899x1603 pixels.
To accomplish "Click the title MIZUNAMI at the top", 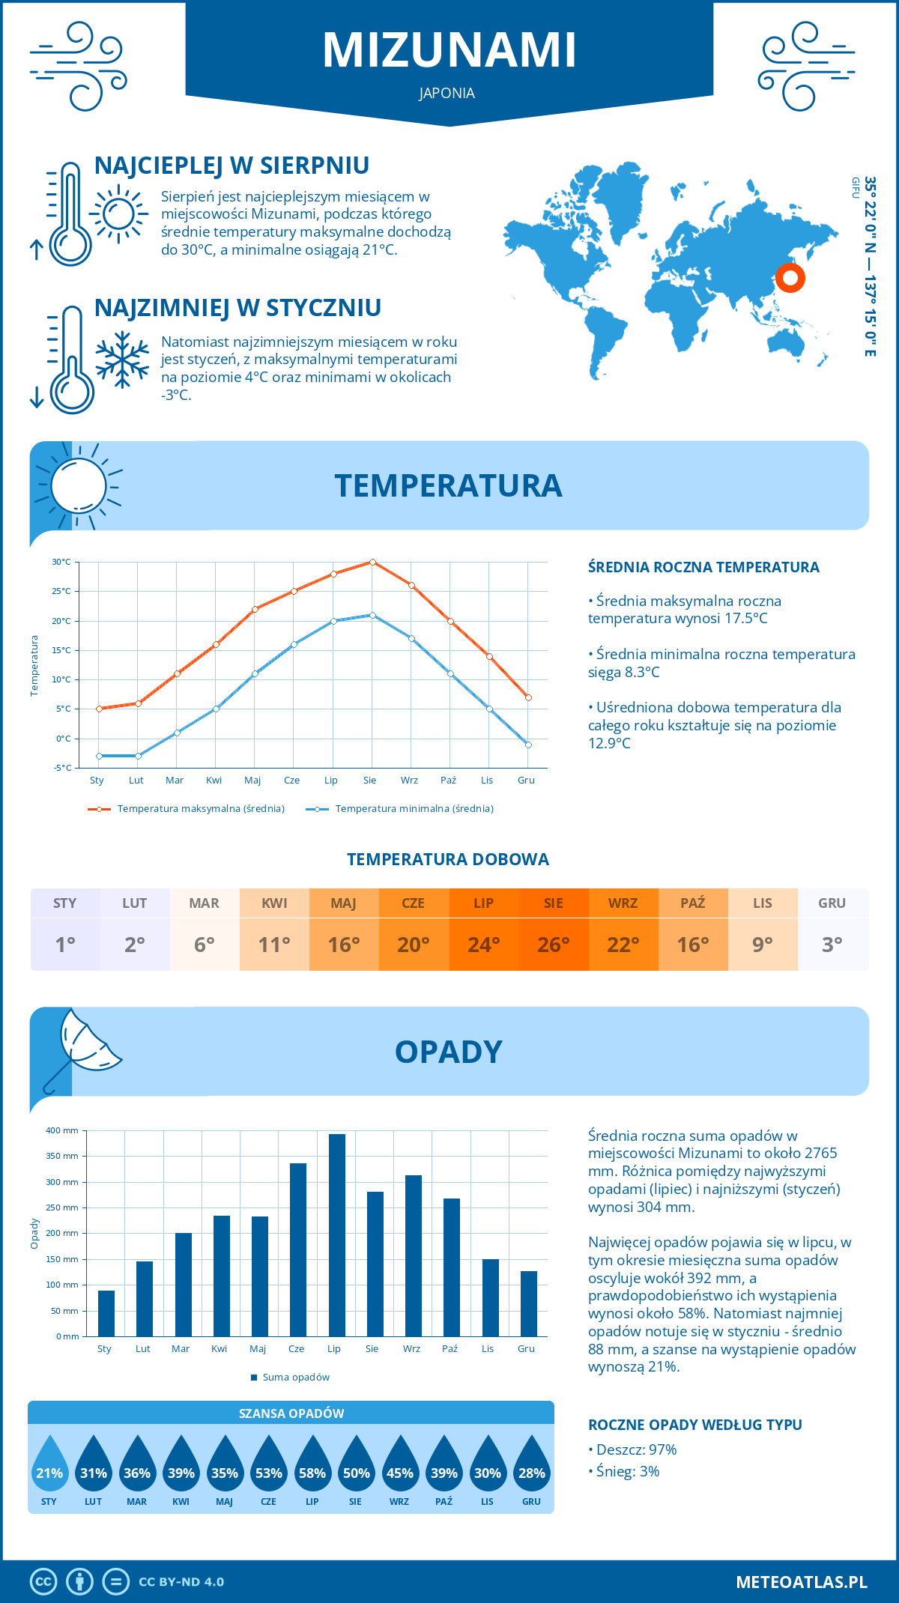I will pyautogui.click(x=449, y=51).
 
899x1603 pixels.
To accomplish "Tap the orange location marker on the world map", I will pyautogui.click(x=790, y=278).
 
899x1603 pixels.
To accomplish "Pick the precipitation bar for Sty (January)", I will pyautogui.click(x=106, y=1313).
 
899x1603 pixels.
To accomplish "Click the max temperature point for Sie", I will pyautogui.click(x=372, y=562).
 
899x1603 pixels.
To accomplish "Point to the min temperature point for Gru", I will pyautogui.click(x=528, y=745).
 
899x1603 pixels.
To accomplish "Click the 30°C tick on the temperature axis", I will pyautogui.click(x=61, y=562).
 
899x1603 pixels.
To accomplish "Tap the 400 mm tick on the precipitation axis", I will pyautogui.click(x=62, y=1130).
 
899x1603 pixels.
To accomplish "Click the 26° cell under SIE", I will pyautogui.click(x=554, y=945).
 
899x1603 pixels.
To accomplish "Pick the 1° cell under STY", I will pyautogui.click(x=65, y=945).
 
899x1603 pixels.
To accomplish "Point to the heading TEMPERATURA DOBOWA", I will pyautogui.click(x=448, y=859).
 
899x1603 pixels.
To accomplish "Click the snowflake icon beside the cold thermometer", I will pyautogui.click(x=122, y=360).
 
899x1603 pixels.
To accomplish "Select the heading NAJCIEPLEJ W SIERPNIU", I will pyautogui.click(x=231, y=166).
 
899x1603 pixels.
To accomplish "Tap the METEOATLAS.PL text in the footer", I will pyautogui.click(x=802, y=1582).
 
